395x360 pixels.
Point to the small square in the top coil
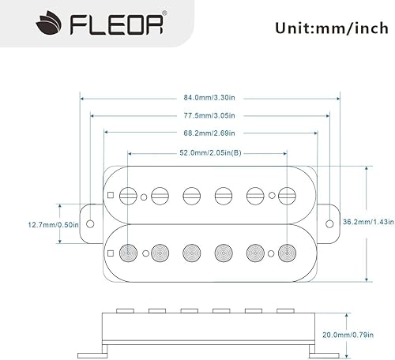point(111,194)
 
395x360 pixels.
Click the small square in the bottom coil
point(111,252)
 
